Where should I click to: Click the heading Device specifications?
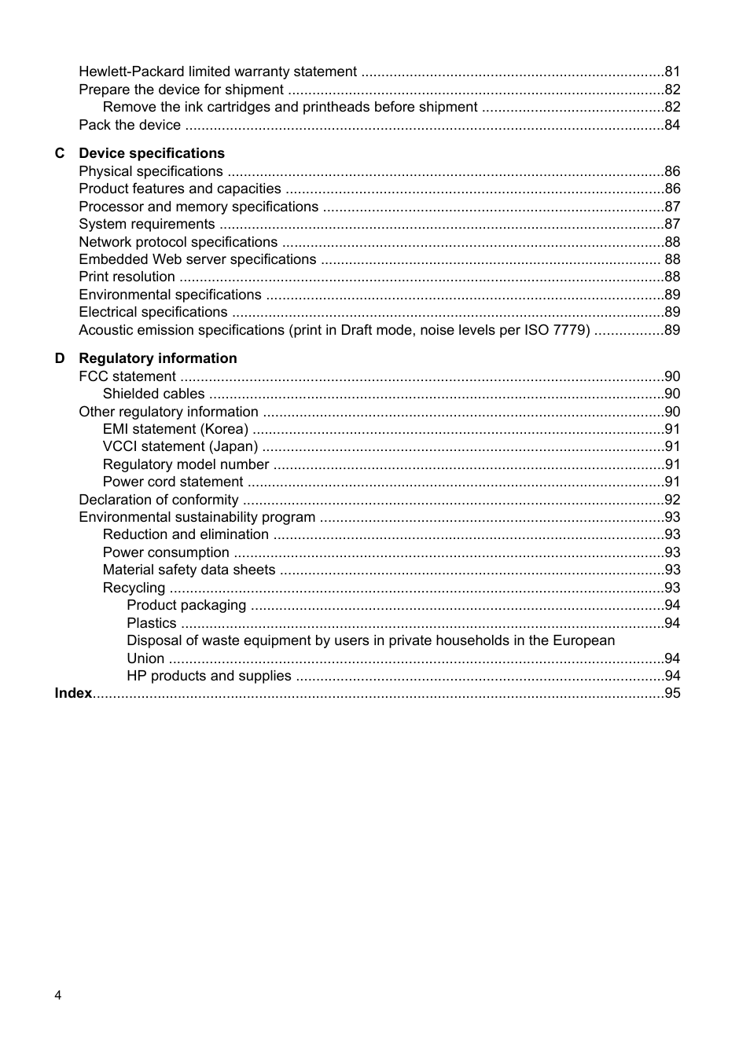click(x=151, y=153)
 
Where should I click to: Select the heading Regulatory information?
click(x=157, y=358)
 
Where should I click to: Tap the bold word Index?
click(x=73, y=693)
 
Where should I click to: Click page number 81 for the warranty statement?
click(x=672, y=72)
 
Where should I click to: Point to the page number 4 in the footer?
click(x=58, y=996)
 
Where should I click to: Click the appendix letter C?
click(x=60, y=153)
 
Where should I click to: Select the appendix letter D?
click(x=60, y=358)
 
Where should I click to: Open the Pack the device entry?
click(x=130, y=125)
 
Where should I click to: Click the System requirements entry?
click(x=146, y=224)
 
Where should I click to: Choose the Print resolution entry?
click(x=127, y=277)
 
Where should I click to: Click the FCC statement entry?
click(x=127, y=376)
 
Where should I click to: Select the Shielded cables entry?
click(x=153, y=394)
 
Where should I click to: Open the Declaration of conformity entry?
click(x=158, y=500)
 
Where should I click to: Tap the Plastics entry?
click(x=151, y=623)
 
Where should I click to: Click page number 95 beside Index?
click(x=672, y=693)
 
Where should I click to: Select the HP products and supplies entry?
click(x=208, y=676)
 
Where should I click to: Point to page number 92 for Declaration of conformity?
click(x=672, y=500)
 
